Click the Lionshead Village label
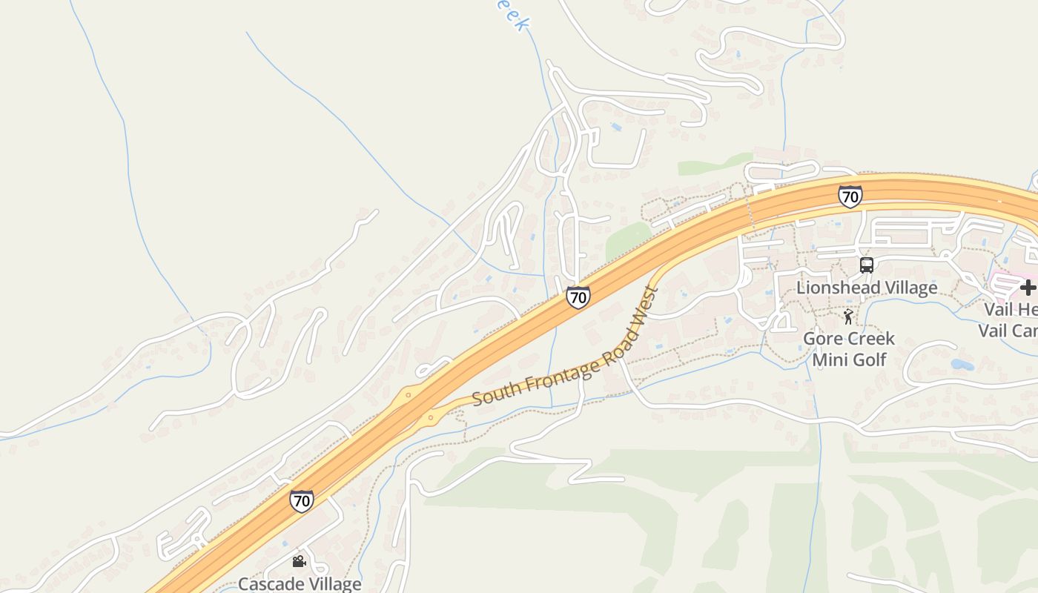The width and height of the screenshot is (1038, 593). (x=867, y=288)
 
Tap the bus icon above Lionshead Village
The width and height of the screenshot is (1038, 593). (x=866, y=265)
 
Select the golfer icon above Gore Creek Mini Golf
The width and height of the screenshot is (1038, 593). (x=848, y=317)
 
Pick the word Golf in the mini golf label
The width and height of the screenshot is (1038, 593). (x=869, y=360)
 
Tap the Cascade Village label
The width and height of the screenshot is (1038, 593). (x=300, y=584)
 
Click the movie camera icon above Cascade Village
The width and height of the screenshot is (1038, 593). (x=299, y=562)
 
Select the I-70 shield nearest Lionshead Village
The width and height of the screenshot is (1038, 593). (x=850, y=196)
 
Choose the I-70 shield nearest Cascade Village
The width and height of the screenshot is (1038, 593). (x=301, y=501)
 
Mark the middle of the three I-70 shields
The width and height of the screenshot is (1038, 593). (x=578, y=297)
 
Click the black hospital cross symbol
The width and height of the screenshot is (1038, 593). (x=1027, y=288)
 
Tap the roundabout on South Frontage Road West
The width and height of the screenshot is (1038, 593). (x=430, y=418)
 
